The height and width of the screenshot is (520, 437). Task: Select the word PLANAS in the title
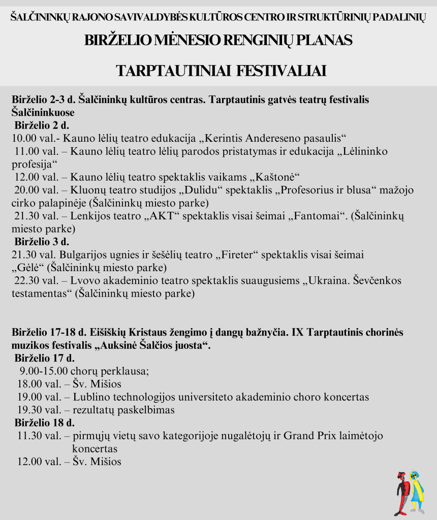[x=325, y=40]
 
